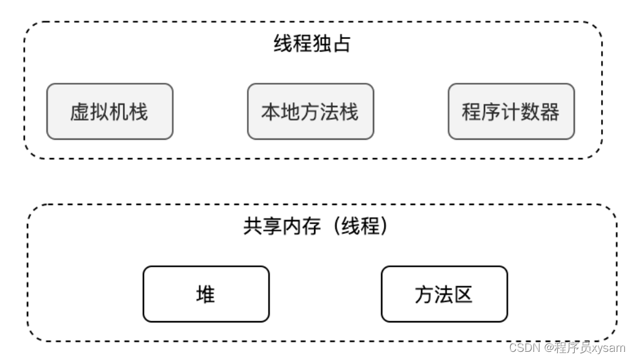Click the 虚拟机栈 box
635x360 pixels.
point(110,112)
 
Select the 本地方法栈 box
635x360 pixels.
point(310,112)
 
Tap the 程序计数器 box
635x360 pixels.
point(511,112)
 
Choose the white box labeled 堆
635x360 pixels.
point(206,294)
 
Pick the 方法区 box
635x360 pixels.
point(444,294)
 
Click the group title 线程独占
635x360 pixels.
point(312,44)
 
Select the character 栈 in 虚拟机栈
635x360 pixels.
point(139,112)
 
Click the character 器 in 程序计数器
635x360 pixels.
point(550,112)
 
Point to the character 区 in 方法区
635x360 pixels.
point(463,294)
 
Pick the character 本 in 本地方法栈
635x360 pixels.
point(271,112)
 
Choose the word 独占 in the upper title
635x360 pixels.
point(331,44)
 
